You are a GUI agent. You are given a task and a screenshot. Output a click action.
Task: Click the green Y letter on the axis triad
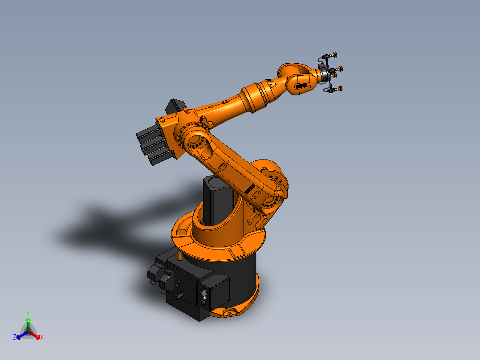28,313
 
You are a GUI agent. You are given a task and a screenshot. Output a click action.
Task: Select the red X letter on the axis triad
42,338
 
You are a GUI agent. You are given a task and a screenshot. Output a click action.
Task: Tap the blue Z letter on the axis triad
15,338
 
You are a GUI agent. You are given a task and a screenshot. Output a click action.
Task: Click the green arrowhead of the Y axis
28,320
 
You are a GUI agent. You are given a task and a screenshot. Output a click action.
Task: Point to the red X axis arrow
36,335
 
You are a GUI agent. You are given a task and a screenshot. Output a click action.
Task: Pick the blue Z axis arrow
20,335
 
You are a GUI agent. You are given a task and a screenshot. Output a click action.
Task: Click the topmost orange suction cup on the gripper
334,55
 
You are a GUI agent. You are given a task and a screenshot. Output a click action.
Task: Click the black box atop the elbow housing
175,106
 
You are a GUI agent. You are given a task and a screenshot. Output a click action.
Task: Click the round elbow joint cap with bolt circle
195,143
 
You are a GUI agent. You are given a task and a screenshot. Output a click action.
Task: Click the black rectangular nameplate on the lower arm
249,190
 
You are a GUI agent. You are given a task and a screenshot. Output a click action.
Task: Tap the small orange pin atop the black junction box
179,255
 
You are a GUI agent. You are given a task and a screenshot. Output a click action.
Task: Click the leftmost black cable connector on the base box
154,273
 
